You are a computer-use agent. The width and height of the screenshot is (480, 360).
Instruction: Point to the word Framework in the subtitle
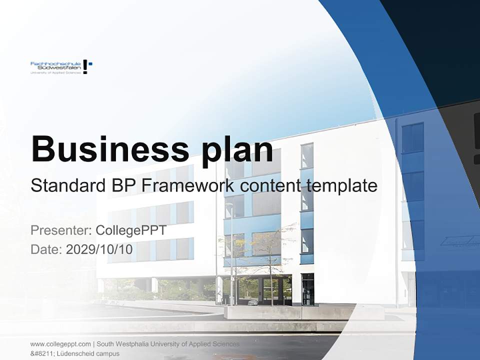188,185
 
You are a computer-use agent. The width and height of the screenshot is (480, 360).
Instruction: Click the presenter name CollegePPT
131,230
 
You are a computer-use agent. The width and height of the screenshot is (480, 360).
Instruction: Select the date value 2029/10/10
99,249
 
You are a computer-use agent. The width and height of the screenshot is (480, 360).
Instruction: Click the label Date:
46,249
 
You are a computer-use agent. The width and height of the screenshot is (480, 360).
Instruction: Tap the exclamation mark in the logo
85,66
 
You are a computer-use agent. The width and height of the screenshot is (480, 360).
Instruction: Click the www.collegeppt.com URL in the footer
60,344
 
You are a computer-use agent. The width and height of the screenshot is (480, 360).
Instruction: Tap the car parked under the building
253,302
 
